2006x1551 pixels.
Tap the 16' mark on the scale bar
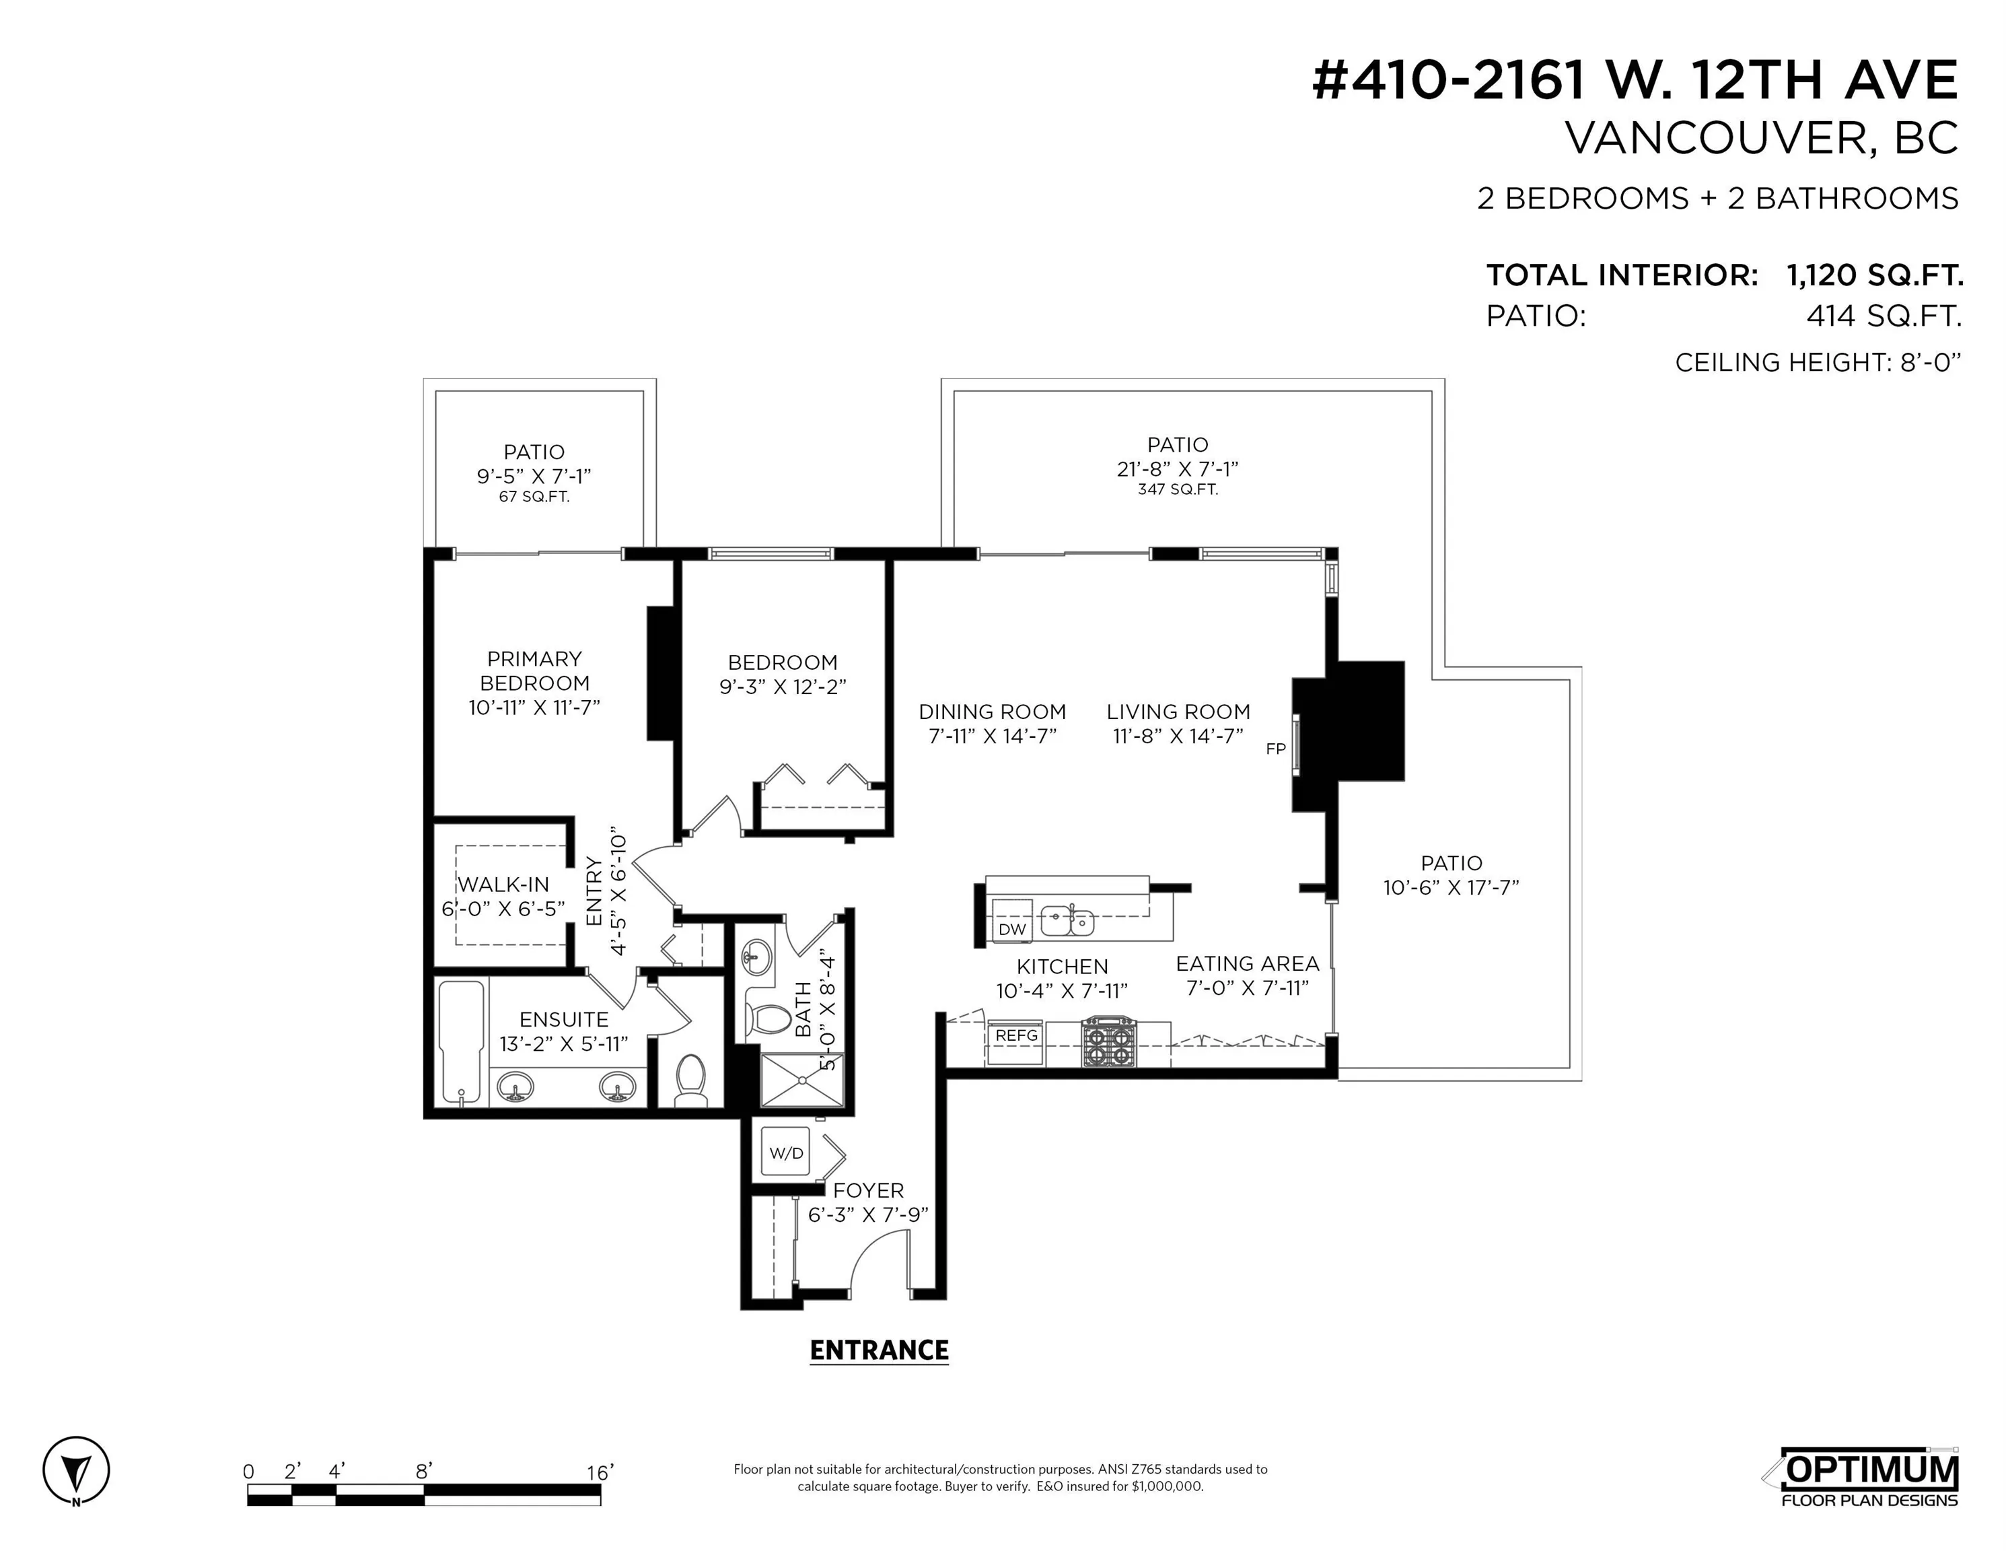pyautogui.click(x=600, y=1472)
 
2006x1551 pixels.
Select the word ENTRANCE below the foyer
pyautogui.click(x=879, y=1350)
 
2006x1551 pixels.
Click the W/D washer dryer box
pyautogui.click(x=785, y=1153)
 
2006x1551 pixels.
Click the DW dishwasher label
pyautogui.click(x=1012, y=929)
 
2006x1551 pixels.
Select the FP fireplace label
pyautogui.click(x=1276, y=749)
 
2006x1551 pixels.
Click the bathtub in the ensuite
pyautogui.click(x=462, y=1042)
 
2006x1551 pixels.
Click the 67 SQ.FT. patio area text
pyautogui.click(x=534, y=497)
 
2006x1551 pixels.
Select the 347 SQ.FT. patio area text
pyautogui.click(x=1178, y=490)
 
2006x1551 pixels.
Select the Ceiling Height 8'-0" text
pyautogui.click(x=1818, y=363)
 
